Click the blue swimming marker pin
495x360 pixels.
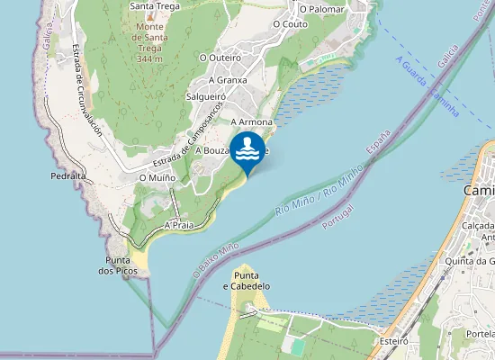(247, 150)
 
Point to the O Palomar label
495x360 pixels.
(322, 8)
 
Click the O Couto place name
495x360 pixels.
(289, 24)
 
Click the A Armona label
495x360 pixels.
(251, 121)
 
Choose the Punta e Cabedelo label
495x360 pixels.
(246, 281)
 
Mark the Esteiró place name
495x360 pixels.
(394, 341)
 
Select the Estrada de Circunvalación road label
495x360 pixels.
(88, 91)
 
